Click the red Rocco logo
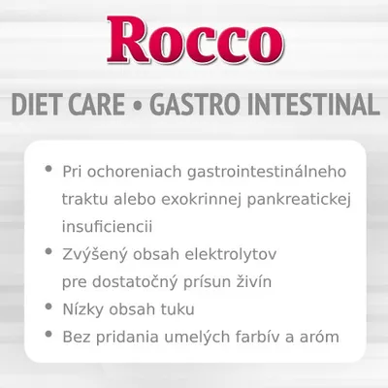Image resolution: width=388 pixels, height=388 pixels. [194, 41]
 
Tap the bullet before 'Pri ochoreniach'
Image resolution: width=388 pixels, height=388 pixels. [48, 170]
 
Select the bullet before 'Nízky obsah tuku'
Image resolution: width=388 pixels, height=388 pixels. [48, 307]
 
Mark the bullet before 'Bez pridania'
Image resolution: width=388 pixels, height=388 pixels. [48, 336]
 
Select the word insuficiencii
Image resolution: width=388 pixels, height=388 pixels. [107, 226]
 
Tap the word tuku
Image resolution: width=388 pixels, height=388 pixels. [178, 309]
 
